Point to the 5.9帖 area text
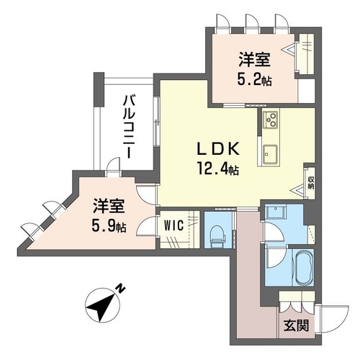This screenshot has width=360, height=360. (x=107, y=226)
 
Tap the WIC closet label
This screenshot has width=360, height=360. (x=174, y=224)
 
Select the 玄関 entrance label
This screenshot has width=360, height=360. (x=298, y=325)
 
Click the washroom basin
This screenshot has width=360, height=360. (x=274, y=212)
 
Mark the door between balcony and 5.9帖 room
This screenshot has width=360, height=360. (x=112, y=166)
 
